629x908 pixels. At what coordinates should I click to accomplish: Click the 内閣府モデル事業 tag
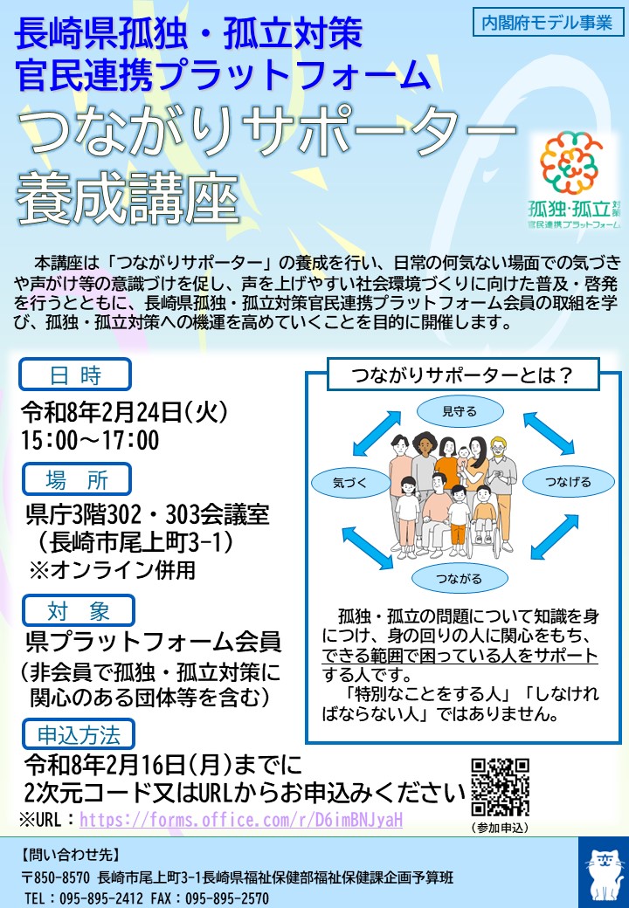click(x=548, y=23)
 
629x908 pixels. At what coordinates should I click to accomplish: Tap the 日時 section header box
click(x=75, y=375)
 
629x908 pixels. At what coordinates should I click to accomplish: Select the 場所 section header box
click(x=75, y=478)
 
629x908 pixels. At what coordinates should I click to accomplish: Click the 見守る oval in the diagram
click(x=460, y=410)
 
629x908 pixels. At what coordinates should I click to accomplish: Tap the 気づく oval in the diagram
click(x=350, y=482)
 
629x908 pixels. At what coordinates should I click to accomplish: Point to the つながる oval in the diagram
click(x=460, y=578)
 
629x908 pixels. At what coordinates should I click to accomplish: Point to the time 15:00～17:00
click(x=91, y=439)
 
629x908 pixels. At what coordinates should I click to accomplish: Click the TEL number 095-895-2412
click(x=92, y=898)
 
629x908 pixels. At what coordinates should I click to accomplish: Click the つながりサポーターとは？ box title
click(x=461, y=375)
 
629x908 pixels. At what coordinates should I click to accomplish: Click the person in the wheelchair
click(x=482, y=519)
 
